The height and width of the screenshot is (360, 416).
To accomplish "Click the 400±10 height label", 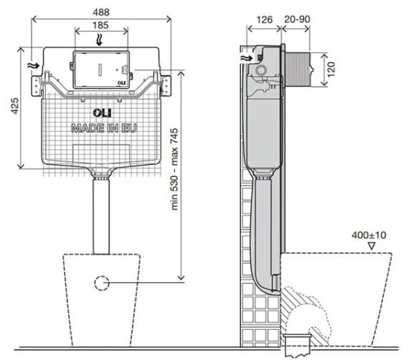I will (370, 234).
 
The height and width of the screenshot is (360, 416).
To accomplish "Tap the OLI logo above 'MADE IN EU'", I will (101, 113).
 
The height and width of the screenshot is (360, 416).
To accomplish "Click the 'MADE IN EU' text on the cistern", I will (101, 128).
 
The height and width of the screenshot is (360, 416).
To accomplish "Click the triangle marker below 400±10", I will (372, 245).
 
